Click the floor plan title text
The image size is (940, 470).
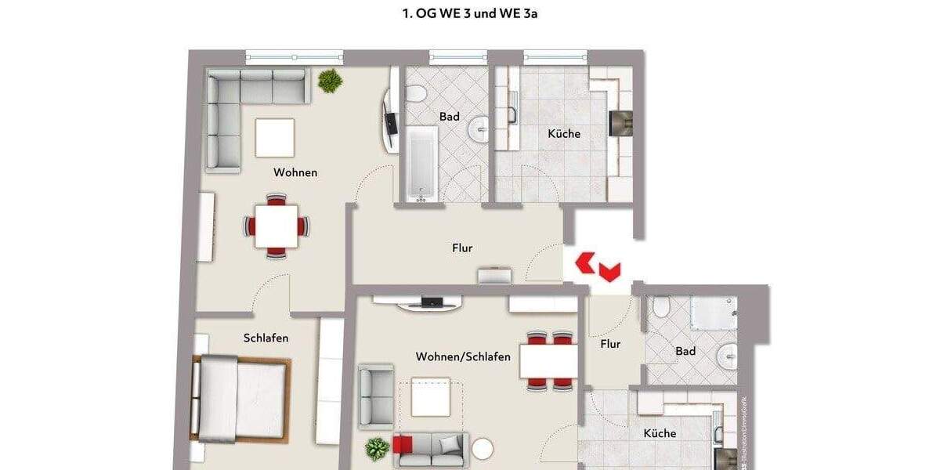coord(470,13)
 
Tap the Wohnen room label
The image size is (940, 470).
coord(295,172)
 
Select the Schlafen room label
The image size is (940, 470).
coord(266,338)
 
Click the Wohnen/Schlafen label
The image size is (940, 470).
coord(463,357)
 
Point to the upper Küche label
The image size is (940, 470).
coord(564,134)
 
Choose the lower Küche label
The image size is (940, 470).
coord(660,433)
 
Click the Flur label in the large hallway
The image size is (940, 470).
coord(462,248)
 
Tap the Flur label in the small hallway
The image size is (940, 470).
coord(610,344)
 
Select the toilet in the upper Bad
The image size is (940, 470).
coord(417,95)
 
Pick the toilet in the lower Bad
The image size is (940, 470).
coord(660,306)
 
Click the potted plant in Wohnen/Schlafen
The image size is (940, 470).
coord(377,449)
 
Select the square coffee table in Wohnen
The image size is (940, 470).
coord(275,137)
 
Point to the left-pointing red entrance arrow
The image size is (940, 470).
coord(584,262)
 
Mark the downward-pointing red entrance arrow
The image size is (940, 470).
coord(609,272)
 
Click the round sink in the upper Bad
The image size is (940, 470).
coord(479,129)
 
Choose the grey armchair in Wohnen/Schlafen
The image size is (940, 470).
coord(375,396)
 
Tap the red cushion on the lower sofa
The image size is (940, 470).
coord(403,445)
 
